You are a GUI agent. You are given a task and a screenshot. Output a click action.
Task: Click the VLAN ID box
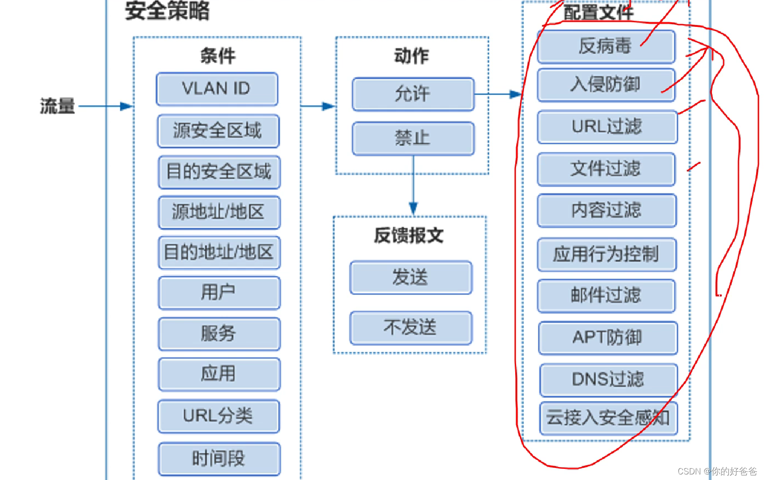pos(217,89)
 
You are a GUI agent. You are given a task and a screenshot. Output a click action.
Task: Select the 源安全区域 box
pos(218,130)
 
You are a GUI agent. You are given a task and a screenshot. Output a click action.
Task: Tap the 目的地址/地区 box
pos(219,253)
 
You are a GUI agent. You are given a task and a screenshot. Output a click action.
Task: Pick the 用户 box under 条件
pos(219,292)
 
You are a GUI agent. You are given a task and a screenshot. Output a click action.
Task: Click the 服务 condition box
pos(219,333)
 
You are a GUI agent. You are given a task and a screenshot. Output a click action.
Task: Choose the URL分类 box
pos(218,416)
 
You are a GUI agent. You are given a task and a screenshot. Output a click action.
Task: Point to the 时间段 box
pos(219,459)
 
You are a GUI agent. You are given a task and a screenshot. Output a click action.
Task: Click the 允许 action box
pos(413,94)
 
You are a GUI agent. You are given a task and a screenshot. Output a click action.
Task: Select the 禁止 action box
pos(413,138)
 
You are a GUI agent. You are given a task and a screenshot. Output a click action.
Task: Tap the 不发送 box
pos(411,327)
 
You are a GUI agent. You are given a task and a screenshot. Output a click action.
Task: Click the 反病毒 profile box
pos(606,46)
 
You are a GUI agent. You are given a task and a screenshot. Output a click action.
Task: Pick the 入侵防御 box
pos(606,84)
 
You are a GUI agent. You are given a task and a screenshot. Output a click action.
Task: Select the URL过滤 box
pos(607,126)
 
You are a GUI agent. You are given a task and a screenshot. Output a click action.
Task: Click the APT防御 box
pos(608,337)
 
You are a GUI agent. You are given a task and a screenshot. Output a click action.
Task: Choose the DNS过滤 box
pos(608,379)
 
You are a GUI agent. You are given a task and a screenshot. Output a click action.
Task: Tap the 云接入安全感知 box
pos(608,418)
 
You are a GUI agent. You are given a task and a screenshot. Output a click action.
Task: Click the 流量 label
pos(58,106)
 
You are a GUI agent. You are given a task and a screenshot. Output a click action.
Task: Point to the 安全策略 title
pos(168,11)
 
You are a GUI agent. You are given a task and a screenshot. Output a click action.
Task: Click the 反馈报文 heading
pos(409,235)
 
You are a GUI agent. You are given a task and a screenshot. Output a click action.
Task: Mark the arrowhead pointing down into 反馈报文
pos(413,208)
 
